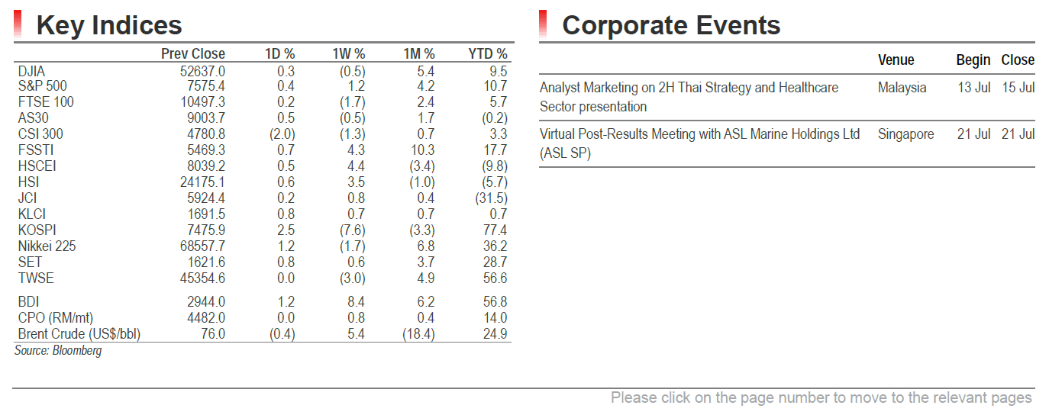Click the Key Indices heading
[109, 25]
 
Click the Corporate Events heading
[671, 25]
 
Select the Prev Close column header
[193, 54]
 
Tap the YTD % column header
[488, 54]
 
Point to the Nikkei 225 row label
[47, 246]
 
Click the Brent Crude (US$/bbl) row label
[79, 334]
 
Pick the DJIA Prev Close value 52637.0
[202, 71]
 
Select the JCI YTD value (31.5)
[491, 198]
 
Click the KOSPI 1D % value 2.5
[286, 230]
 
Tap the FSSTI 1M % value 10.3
[421, 150]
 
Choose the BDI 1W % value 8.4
[356, 302]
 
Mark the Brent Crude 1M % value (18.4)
[418, 334]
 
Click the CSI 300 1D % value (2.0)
[282, 134]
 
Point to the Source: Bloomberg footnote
[58, 350]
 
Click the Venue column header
[896, 60]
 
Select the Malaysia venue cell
[902, 88]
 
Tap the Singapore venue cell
[905, 134]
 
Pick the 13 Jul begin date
[973, 88]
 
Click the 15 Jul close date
[1018, 88]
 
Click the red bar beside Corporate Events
[543, 24]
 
